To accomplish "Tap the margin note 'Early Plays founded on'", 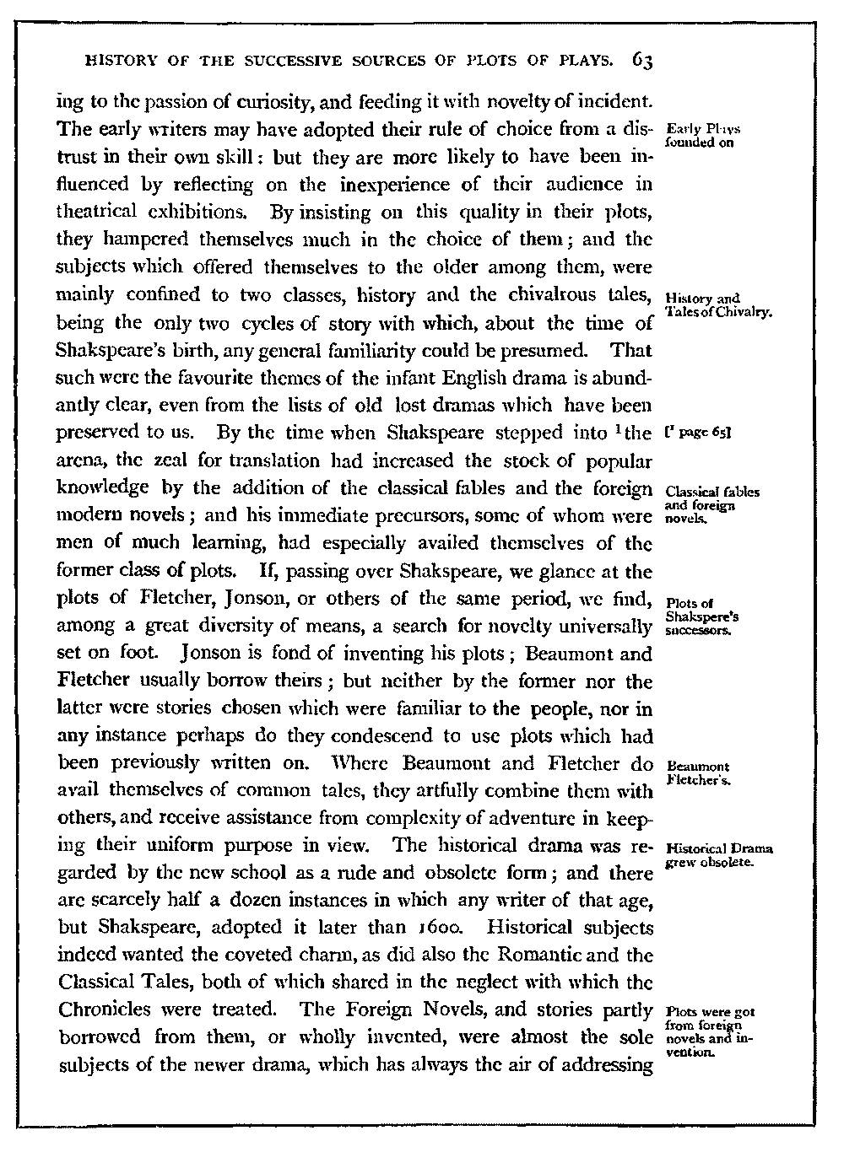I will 702,136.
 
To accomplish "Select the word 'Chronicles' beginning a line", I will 99,1009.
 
